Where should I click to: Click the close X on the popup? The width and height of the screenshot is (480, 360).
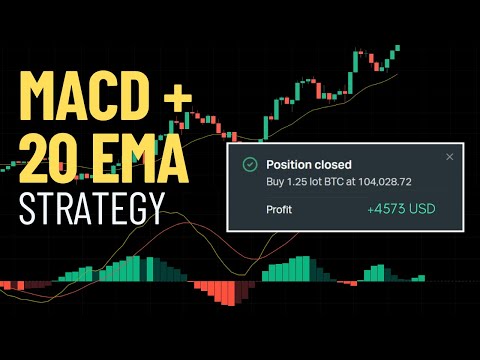(449, 157)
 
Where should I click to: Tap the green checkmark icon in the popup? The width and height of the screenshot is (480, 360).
(247, 163)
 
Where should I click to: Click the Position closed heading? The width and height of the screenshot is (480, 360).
(309, 163)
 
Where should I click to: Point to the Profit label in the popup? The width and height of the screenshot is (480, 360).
(280, 209)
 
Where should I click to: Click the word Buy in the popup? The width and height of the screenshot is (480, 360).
(275, 181)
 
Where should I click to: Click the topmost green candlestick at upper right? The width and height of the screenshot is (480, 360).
(397, 47)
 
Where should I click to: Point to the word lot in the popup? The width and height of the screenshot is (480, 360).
(314, 181)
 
